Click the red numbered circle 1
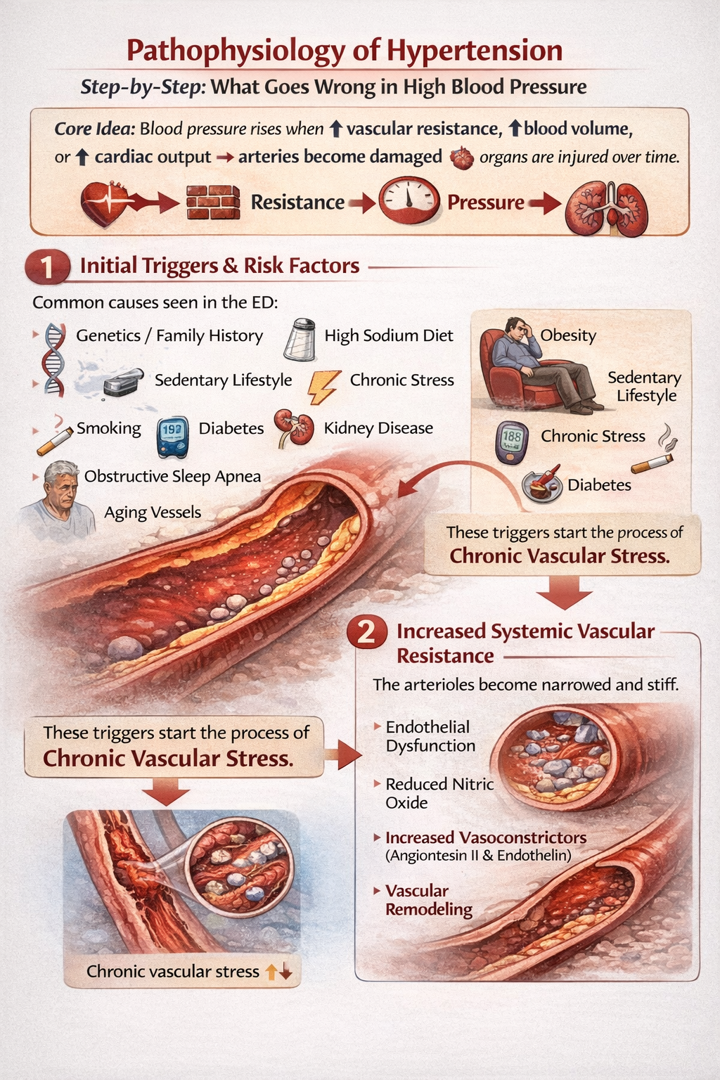point(46,267)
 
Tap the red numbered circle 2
point(366,632)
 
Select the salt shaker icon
point(300,339)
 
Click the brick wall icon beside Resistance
point(213,203)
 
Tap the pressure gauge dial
point(409,200)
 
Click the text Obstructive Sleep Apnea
point(172,477)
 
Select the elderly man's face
point(61,488)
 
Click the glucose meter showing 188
point(512,442)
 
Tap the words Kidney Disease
point(378,428)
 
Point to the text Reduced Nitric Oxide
point(439,793)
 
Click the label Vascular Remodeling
point(428,900)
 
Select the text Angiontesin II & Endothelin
point(478,856)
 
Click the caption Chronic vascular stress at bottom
point(173,972)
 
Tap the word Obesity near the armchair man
point(568,335)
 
